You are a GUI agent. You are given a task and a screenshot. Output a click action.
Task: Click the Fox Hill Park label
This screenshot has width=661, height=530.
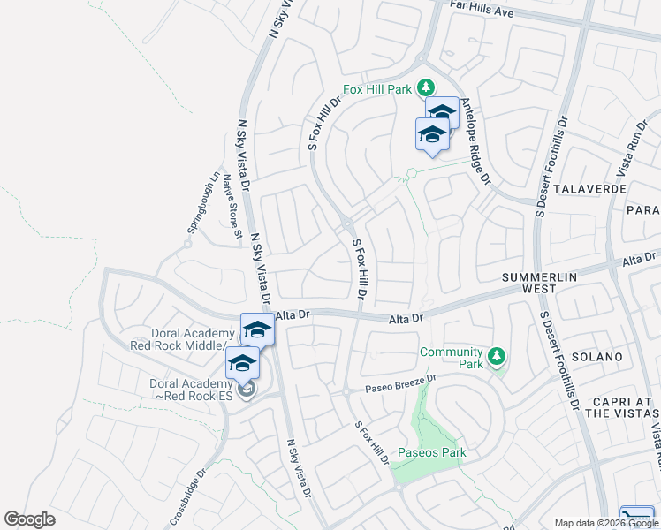tap(378, 89)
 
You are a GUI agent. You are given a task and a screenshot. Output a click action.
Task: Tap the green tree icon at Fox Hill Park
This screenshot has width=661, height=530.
tap(426, 87)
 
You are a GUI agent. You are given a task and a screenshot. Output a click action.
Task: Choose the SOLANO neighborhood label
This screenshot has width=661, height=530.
tap(597, 357)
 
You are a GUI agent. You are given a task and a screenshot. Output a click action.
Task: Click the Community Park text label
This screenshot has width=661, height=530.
tap(452, 358)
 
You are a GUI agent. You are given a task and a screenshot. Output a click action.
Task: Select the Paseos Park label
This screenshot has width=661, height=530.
tap(431, 453)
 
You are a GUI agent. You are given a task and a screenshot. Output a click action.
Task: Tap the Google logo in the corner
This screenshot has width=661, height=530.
tap(29, 519)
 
